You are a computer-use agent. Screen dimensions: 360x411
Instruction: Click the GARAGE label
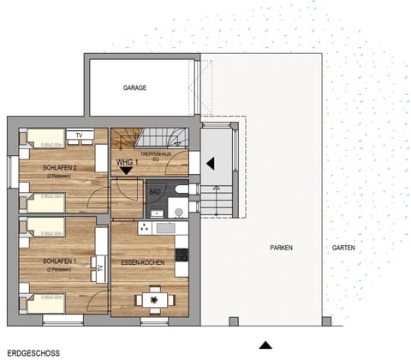click(134, 87)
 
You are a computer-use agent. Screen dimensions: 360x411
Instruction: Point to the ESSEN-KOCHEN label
click(143, 265)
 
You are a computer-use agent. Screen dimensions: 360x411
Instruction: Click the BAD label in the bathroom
click(154, 190)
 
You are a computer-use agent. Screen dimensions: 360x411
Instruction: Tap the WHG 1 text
click(127, 160)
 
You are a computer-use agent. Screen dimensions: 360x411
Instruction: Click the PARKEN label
click(281, 248)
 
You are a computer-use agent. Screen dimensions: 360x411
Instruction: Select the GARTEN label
click(344, 248)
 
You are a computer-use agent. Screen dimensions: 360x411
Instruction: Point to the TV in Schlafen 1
click(100, 269)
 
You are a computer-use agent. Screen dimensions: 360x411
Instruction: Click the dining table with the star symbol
click(154, 299)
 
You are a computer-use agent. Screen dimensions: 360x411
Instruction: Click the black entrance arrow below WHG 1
click(127, 171)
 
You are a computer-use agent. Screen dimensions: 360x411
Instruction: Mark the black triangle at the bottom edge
click(265, 345)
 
